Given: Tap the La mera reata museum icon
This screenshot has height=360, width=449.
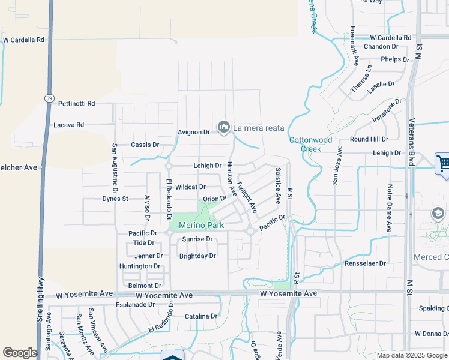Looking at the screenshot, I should coord(224,127).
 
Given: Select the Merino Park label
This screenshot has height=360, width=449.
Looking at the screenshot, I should coord(201,226).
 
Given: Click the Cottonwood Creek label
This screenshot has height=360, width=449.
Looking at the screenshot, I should coord(310,144).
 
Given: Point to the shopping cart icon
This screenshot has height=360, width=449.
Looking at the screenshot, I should coord(443,163).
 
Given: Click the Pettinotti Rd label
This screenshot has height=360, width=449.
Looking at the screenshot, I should coord(77,104).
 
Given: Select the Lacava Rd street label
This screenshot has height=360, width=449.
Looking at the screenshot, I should coord(68,125).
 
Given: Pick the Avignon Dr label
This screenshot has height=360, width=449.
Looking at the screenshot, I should coord(193,132).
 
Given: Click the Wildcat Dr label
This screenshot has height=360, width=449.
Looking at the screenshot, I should coord(190,187).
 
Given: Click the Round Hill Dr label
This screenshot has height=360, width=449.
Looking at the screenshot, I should coord(369,139).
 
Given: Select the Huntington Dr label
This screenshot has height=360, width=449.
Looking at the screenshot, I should coord(140,266).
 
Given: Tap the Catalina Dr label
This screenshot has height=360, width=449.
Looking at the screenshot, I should coord(200,316).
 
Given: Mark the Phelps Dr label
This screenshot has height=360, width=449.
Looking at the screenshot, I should coord(394,59).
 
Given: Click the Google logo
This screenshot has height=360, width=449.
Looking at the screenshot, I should coord(20,353).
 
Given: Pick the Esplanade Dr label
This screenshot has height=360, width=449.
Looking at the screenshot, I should coord(136,304).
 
